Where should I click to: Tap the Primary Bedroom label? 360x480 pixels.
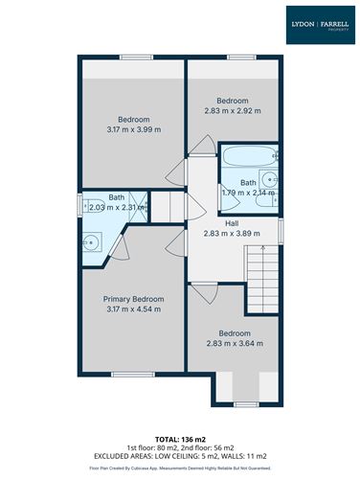[133, 299]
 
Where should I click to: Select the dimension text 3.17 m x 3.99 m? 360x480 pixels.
[133, 129]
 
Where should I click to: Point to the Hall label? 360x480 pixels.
[232, 222]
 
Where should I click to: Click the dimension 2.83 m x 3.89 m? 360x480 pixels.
[232, 233]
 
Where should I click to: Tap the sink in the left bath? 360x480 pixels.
[91, 240]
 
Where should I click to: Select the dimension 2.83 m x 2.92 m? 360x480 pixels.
[232, 111]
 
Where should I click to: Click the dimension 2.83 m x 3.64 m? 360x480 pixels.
[233, 343]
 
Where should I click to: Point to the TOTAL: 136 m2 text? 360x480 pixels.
[180, 439]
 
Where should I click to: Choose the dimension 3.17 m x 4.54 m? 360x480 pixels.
[133, 309]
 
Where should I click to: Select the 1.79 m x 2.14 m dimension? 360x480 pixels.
[248, 193]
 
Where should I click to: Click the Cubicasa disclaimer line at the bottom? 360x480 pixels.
[180, 469]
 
